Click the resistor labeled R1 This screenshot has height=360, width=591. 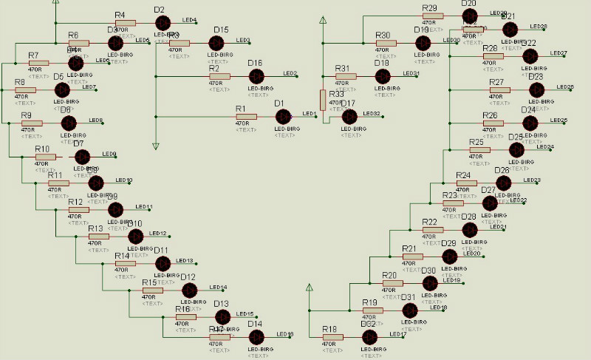coord(246,117)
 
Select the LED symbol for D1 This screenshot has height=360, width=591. coord(284,117)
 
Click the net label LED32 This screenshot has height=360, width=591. coord(372,114)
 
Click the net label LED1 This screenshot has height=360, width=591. coord(310,113)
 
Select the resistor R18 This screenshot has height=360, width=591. coord(333,338)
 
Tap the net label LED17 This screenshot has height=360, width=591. coord(398,335)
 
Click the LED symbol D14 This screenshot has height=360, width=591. coord(256,336)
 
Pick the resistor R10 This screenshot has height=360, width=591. coord(45,157)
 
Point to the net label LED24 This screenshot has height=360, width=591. coord(545,147)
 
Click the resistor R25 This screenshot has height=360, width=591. coord(480,150)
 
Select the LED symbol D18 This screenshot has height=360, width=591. coord(383,75)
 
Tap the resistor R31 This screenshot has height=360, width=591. coord(346,75)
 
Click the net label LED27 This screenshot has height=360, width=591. coord(558,53)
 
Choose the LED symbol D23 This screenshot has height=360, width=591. coord(537,89)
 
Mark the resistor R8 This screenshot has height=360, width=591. coord(25,90)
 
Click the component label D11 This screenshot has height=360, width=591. coord(161,251)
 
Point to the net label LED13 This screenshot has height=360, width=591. coord(185,261)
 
